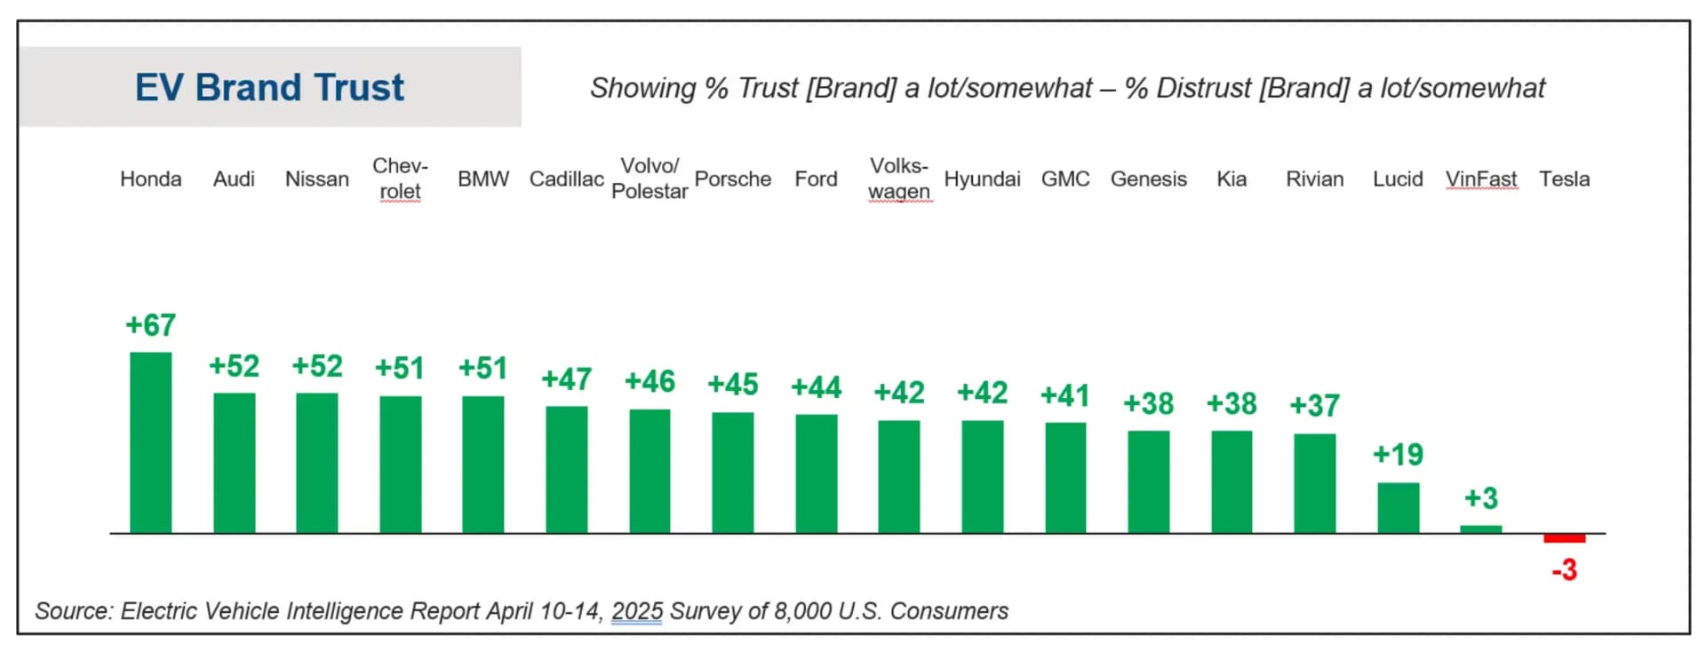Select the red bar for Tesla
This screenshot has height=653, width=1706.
click(x=1564, y=538)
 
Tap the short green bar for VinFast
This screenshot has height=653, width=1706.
click(x=1480, y=530)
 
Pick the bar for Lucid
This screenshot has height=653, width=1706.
click(x=1398, y=507)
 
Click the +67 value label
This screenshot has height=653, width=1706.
click(x=150, y=325)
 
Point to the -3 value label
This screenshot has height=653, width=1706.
click(x=1564, y=569)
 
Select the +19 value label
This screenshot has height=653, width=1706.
click(x=1398, y=455)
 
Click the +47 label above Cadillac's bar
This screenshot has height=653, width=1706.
click(x=566, y=379)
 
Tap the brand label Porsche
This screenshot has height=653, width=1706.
click(x=732, y=179)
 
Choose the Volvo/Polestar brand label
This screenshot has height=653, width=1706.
click(x=650, y=179)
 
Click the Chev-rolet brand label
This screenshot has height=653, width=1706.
click(x=400, y=179)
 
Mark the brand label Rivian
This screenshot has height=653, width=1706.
click(x=1314, y=179)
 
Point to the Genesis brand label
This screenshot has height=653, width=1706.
click(x=1148, y=179)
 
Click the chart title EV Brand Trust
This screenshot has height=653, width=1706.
click(x=269, y=87)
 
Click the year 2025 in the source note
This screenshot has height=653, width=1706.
click(x=637, y=611)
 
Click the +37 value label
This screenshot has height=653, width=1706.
click(x=1314, y=406)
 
